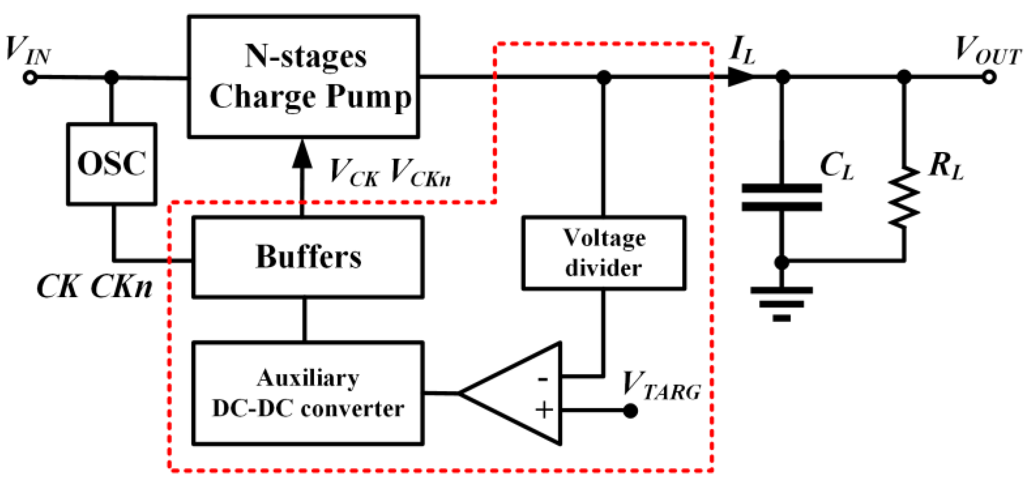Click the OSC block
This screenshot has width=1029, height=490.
point(112,164)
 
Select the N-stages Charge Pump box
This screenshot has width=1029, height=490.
point(303,77)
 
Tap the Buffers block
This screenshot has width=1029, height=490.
point(308,257)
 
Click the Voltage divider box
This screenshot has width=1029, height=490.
point(604,253)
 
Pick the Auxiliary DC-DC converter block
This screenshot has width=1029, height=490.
point(308,393)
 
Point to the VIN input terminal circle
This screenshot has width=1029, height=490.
point(30,78)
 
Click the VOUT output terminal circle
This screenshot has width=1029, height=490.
point(989,77)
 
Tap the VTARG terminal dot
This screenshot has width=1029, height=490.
point(631,411)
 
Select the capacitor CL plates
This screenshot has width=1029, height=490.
point(782,197)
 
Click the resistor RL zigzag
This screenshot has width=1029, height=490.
point(904,198)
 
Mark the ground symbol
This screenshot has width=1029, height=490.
point(781,304)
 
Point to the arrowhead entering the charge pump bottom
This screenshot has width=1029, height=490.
point(302,154)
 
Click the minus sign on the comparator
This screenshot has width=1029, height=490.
point(543,379)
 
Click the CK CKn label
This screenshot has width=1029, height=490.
point(94,287)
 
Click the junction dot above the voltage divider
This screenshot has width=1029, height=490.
point(604,77)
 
